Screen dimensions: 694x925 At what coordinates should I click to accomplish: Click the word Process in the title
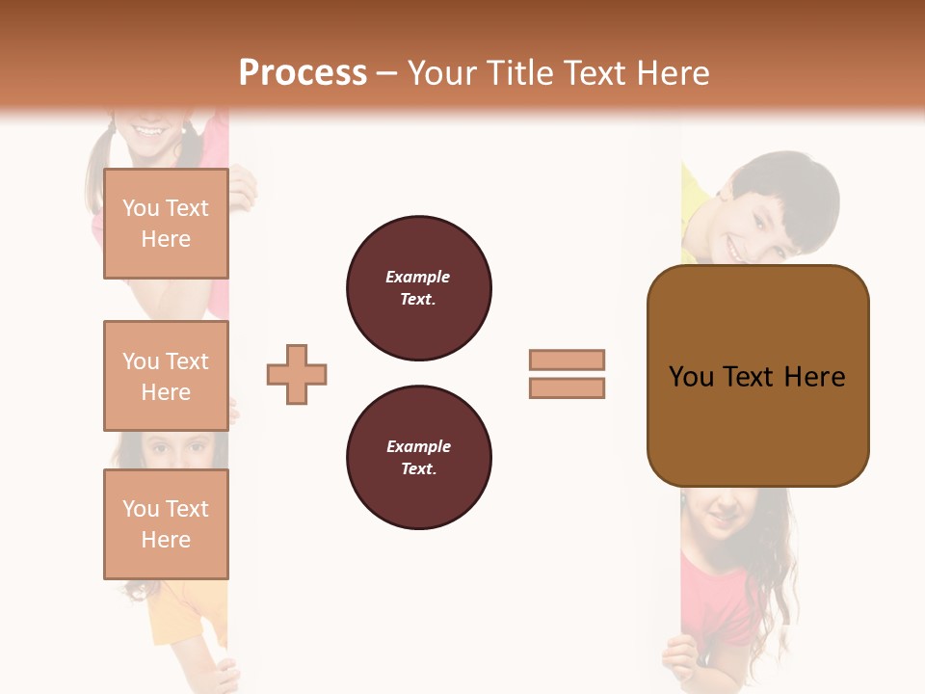[x=303, y=73]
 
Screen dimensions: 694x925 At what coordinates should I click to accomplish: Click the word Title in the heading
[x=519, y=73]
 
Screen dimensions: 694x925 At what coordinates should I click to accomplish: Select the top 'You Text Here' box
[x=166, y=224]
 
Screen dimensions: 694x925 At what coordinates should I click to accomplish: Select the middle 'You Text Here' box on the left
[x=166, y=376]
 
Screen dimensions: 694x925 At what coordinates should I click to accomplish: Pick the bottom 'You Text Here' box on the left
[x=166, y=524]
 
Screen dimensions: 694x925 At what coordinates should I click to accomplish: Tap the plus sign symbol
[x=297, y=374]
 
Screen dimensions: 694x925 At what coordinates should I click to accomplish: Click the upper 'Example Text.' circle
[x=418, y=287]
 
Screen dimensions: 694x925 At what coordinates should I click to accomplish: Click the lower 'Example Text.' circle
[x=418, y=457]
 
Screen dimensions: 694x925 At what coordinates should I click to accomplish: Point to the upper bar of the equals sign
[x=567, y=360]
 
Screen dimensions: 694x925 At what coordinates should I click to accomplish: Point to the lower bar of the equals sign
[x=567, y=387]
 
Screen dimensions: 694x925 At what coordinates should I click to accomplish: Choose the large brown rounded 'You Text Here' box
[x=757, y=376]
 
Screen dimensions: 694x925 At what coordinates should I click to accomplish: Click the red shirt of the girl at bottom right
[x=718, y=598]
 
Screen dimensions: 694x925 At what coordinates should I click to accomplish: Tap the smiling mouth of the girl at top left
[x=150, y=130]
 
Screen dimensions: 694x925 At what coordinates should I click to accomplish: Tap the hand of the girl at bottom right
[x=678, y=661]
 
